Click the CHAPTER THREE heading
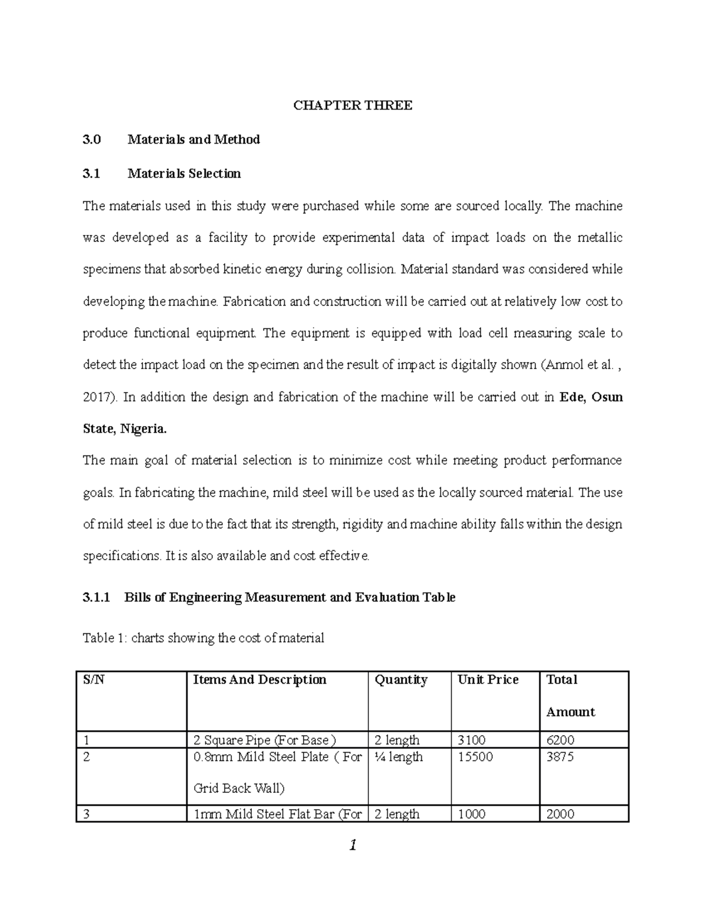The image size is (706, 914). click(x=353, y=106)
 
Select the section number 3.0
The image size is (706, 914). click(x=92, y=140)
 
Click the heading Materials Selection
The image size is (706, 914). click(x=184, y=174)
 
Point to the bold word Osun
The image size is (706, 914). click(x=607, y=397)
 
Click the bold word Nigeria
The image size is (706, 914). click(x=144, y=429)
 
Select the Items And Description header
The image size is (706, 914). click(x=259, y=680)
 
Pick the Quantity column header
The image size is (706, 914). click(x=401, y=680)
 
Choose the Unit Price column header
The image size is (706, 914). click(x=488, y=680)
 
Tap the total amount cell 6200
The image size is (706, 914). click(x=560, y=740)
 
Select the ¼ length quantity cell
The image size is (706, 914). click(x=398, y=757)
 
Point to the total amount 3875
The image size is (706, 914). click(x=560, y=757)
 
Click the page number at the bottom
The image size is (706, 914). click(x=353, y=846)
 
